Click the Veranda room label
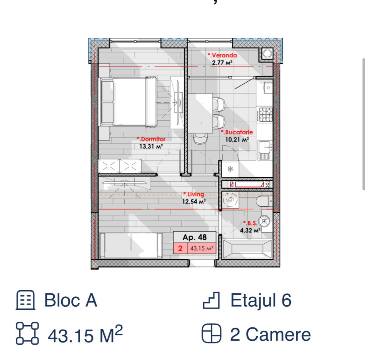(x=222, y=55)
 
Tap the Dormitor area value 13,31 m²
(x=151, y=146)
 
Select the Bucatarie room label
(x=237, y=132)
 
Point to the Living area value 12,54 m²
(x=194, y=201)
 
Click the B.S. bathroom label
(x=250, y=223)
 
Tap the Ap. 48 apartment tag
(x=195, y=237)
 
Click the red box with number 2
(x=180, y=248)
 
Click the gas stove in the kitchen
(x=266, y=114)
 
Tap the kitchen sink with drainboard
(x=265, y=150)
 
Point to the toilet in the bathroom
(x=264, y=201)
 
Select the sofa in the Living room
(x=131, y=246)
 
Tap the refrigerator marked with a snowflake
(x=230, y=169)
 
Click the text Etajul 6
(x=261, y=300)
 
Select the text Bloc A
(x=71, y=300)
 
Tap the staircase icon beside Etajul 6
(x=211, y=300)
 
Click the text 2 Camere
(x=270, y=335)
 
